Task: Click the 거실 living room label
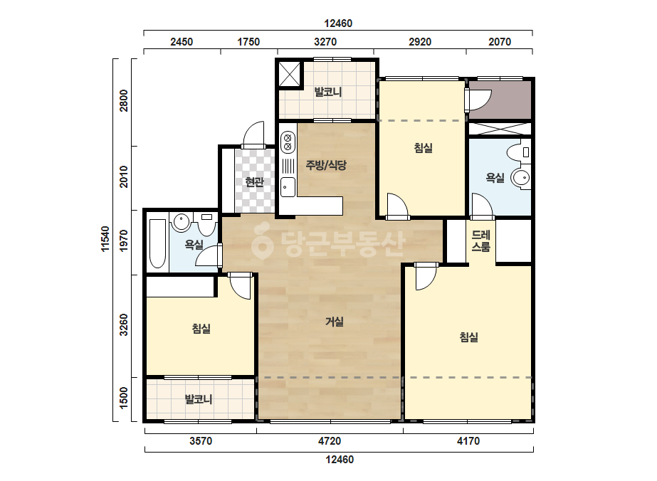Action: click(x=335, y=322)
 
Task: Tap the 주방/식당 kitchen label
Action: click(x=326, y=165)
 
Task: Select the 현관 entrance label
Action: click(x=254, y=182)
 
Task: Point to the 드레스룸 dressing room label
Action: click(x=480, y=241)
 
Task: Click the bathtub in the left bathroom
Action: click(x=157, y=243)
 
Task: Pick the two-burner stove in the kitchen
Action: click(x=288, y=142)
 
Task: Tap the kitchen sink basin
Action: click(x=288, y=187)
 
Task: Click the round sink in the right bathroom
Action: click(x=520, y=178)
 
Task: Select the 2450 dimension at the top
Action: click(x=182, y=42)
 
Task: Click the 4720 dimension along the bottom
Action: click(x=330, y=441)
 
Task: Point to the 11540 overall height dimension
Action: click(x=105, y=239)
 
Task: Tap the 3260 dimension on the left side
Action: click(x=124, y=324)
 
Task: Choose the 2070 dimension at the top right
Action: click(x=500, y=42)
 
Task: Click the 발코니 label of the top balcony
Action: click(x=328, y=92)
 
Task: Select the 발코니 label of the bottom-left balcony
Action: click(x=199, y=399)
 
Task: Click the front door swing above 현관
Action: click(x=253, y=133)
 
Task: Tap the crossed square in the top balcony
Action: click(x=290, y=75)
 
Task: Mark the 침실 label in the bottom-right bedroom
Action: click(x=469, y=337)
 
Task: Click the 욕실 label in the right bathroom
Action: click(x=495, y=178)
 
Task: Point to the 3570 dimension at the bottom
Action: click(x=201, y=441)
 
